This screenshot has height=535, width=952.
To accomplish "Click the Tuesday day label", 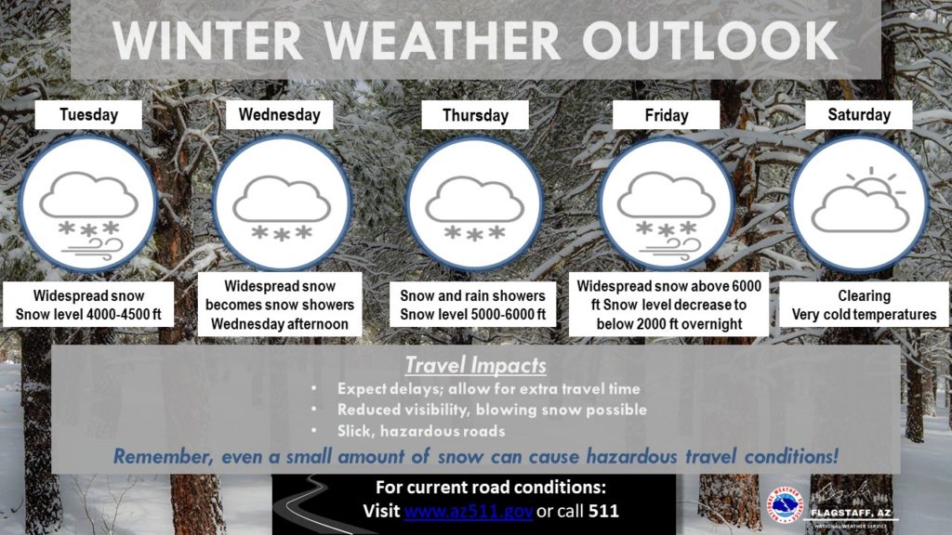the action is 88,114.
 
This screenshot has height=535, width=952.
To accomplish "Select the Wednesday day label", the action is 279,114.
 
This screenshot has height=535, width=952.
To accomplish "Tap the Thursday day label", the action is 475,115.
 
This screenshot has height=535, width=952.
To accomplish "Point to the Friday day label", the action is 666,115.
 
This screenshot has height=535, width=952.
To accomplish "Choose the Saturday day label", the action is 858,114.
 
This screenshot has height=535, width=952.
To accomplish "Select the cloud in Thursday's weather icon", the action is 475,200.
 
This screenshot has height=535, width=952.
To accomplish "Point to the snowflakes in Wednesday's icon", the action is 282,232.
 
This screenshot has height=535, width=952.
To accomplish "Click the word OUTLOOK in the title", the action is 710,41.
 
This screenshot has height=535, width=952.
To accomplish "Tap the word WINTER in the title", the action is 207,41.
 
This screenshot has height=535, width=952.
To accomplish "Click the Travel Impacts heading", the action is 475,365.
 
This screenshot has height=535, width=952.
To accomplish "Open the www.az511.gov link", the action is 469,511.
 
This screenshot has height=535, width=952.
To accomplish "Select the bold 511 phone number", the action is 603,511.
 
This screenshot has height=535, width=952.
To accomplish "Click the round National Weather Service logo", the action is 785,505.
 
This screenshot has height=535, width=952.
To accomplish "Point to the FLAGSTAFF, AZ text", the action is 851,513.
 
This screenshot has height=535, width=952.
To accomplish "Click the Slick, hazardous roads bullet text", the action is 421,431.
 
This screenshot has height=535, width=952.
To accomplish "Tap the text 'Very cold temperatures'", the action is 864,315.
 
